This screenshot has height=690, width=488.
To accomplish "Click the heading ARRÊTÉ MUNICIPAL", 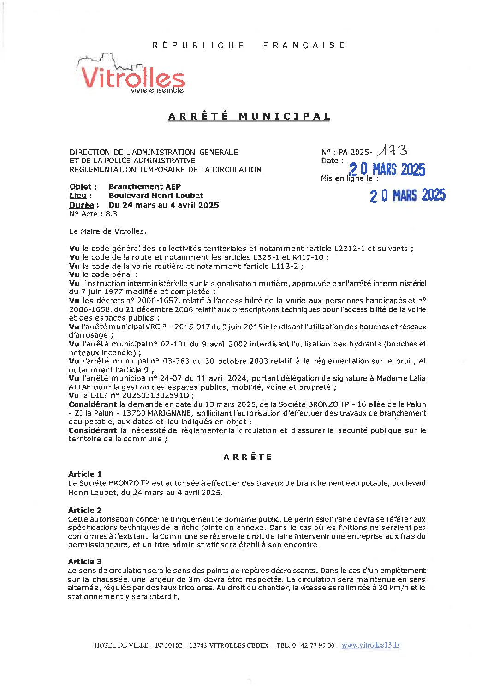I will coord(249,117).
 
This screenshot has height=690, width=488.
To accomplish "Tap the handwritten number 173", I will coord(392,150).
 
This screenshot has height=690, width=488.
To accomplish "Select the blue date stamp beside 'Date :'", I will coord(387,170).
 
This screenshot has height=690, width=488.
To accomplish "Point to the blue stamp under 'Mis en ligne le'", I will coord(407,196).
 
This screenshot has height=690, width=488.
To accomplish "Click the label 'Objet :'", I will coord(83,187).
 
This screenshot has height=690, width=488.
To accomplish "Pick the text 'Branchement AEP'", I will coord(145,187).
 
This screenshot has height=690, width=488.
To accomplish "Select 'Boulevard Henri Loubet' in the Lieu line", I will coord(156,196).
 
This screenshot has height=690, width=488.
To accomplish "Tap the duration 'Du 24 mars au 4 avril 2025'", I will coord(164,205).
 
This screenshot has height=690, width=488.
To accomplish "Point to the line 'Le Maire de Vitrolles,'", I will coord(107,231).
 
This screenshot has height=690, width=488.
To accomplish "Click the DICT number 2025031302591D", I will coord(155,395).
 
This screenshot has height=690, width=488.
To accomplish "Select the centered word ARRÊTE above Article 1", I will coord(248,457).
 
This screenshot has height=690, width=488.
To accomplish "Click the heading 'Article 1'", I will coord(85,474).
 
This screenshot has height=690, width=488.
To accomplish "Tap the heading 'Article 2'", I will coord(85,510).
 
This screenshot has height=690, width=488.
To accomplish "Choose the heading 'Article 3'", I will coord(85,561).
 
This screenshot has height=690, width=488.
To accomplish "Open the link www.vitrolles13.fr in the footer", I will coord(370,645).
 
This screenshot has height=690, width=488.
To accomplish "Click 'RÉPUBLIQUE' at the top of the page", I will coord(198,45).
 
